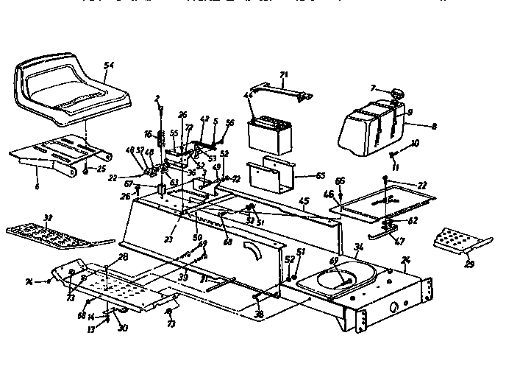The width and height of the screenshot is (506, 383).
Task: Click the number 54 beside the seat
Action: click(109, 66)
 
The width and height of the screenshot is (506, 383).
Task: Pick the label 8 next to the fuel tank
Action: click(434, 127)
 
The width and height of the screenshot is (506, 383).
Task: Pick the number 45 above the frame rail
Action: click(303, 201)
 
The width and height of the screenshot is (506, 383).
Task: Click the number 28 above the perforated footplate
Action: click(123, 256)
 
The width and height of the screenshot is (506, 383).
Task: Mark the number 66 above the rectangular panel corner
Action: click(340, 180)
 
